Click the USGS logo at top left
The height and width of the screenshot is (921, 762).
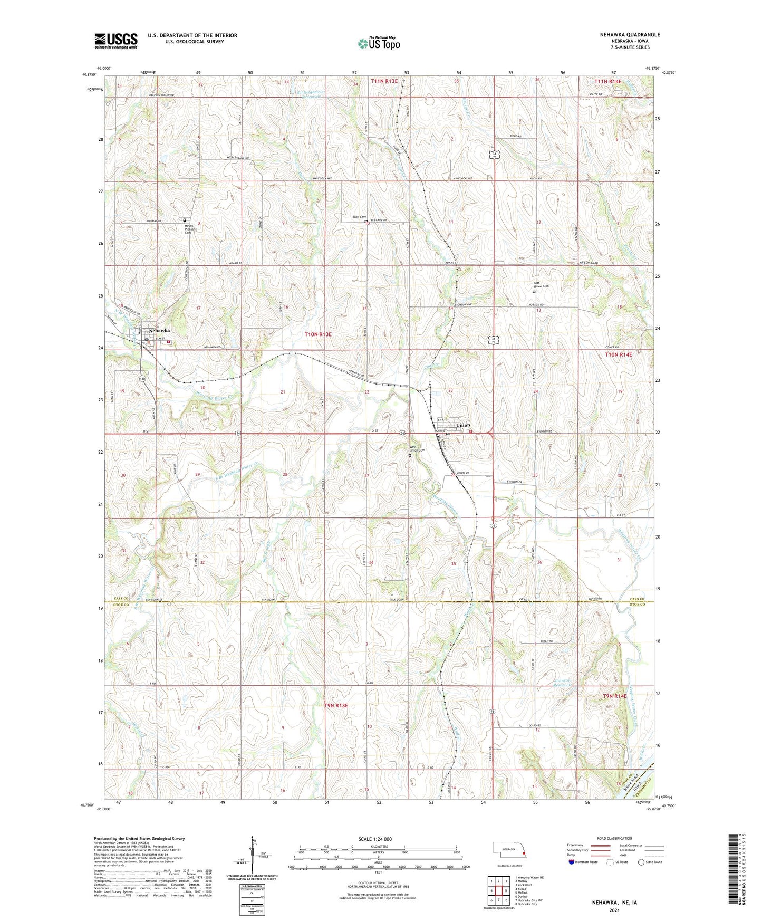[x=116, y=40]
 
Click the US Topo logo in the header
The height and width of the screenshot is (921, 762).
[x=378, y=43]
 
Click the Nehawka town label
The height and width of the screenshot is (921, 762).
[x=159, y=331]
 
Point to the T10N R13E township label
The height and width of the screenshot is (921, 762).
[x=318, y=334]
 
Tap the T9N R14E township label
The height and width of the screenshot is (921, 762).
[x=614, y=696]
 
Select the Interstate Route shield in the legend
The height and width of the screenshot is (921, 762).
[x=572, y=876]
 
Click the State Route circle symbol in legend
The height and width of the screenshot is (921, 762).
[x=641, y=876]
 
